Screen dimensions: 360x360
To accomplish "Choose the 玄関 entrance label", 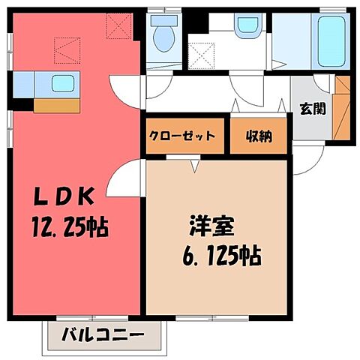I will click(313, 108).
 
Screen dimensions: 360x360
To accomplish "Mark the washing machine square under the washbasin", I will click(202, 53).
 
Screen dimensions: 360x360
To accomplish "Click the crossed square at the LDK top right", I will click(118, 26).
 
